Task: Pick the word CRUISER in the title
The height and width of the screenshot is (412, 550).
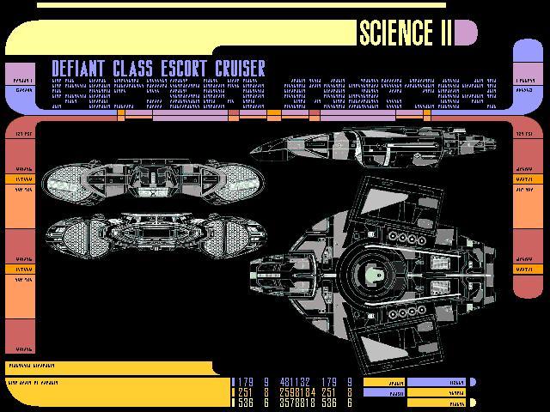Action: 242,69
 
